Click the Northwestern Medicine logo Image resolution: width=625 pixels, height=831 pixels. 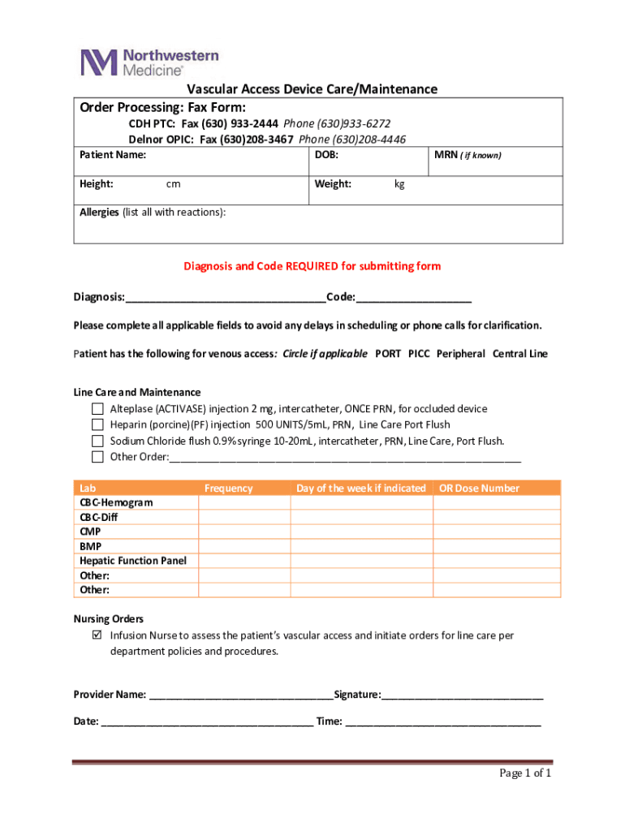[x=149, y=62]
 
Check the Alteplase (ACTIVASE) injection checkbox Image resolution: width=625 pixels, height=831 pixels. [x=97, y=408]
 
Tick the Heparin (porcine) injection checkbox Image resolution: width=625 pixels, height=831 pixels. [x=97, y=424]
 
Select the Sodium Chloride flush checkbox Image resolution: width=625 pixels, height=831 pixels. [x=97, y=441]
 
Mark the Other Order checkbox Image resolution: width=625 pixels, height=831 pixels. [x=97, y=457]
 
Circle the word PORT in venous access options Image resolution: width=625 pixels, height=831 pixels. [x=387, y=354]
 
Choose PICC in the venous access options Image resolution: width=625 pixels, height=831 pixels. [x=419, y=354]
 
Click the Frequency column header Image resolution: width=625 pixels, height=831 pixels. [x=228, y=488]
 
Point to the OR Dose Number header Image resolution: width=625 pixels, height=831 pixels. [x=479, y=488]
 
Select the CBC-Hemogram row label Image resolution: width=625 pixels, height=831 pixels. [x=116, y=502]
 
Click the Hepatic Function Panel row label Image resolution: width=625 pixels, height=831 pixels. [x=132, y=561]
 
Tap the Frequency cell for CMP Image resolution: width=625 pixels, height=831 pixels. [x=244, y=532]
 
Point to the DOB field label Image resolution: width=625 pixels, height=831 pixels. [x=326, y=154]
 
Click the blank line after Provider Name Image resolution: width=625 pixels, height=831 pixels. [x=240, y=694]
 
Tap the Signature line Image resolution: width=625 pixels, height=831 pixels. [x=462, y=694]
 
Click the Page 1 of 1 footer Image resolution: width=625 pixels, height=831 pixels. [x=524, y=773]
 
